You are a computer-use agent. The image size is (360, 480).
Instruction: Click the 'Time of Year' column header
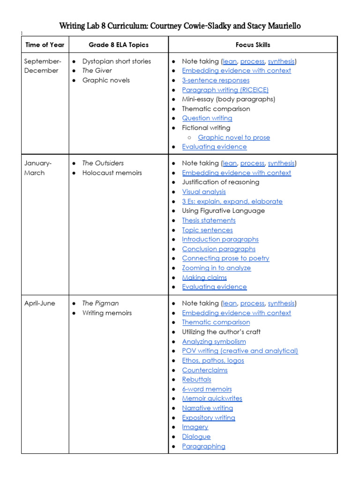[45, 45]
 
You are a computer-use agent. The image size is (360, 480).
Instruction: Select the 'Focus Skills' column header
[253, 45]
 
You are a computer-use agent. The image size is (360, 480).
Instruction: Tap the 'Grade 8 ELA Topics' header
[119, 45]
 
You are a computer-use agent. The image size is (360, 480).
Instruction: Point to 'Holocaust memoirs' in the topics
[112, 173]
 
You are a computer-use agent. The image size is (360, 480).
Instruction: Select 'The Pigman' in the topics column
[100, 303]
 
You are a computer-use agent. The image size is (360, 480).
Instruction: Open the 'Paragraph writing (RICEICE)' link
[225, 90]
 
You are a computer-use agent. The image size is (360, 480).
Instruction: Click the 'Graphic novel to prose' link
[234, 137]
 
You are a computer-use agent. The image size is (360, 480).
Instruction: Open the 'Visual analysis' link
[204, 192]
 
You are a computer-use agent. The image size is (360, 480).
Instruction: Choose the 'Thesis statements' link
[209, 220]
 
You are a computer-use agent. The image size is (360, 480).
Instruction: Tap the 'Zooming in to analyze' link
[216, 268]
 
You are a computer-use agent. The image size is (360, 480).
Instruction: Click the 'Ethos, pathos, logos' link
[213, 360]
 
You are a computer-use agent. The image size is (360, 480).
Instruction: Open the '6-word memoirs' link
[207, 389]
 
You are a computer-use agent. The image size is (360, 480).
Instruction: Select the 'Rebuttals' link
[196, 379]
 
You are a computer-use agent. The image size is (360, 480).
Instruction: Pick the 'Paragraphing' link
[203, 446]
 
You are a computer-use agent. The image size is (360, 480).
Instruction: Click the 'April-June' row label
[40, 303]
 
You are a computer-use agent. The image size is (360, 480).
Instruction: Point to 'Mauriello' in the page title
[277, 26]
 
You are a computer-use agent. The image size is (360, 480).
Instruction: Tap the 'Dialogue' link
[196, 436]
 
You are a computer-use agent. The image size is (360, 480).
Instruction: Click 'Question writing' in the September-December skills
[207, 118]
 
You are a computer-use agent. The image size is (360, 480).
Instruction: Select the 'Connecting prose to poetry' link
[225, 258]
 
